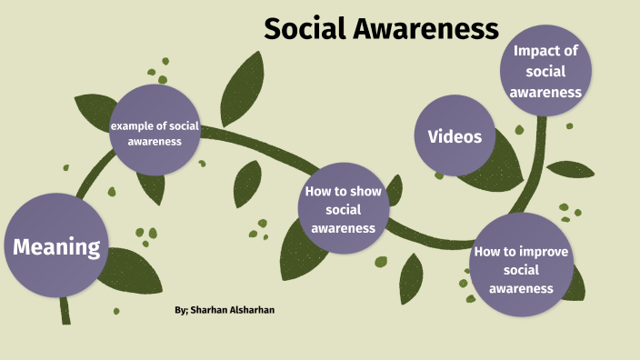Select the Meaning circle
click(55, 245)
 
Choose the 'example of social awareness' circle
click(154, 133)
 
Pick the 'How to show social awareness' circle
click(344, 209)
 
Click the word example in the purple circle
click(130, 125)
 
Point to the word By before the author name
click(181, 311)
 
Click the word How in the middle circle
click(317, 192)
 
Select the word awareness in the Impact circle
click(545, 92)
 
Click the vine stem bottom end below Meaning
click(65, 316)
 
